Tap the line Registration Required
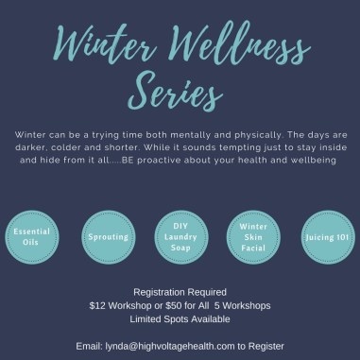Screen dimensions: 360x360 pos(180,291)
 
